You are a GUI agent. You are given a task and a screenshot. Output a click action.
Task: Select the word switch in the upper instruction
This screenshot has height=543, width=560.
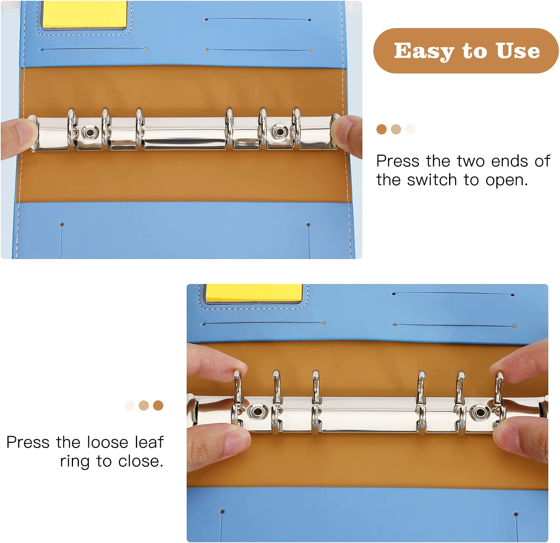coord(432,180)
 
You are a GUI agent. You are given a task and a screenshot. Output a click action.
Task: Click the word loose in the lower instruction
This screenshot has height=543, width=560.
coord(107,442)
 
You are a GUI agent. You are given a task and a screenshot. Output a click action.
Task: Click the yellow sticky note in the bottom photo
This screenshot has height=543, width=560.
coord(254,293)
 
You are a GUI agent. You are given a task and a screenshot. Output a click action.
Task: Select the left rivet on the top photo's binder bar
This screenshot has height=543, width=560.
coord(90,132)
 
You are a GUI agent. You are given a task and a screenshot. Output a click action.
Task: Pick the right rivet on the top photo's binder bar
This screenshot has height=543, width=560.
coord(278,132)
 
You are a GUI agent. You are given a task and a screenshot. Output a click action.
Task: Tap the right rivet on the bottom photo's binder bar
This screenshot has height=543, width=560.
coord(480,413)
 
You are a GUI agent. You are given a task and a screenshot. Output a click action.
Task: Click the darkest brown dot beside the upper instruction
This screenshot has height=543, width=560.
coord(381,129)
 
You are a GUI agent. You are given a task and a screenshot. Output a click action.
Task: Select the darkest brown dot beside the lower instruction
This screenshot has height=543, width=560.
coord(158,405)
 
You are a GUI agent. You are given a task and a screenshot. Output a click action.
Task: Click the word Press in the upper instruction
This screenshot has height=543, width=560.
coord(398,161)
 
